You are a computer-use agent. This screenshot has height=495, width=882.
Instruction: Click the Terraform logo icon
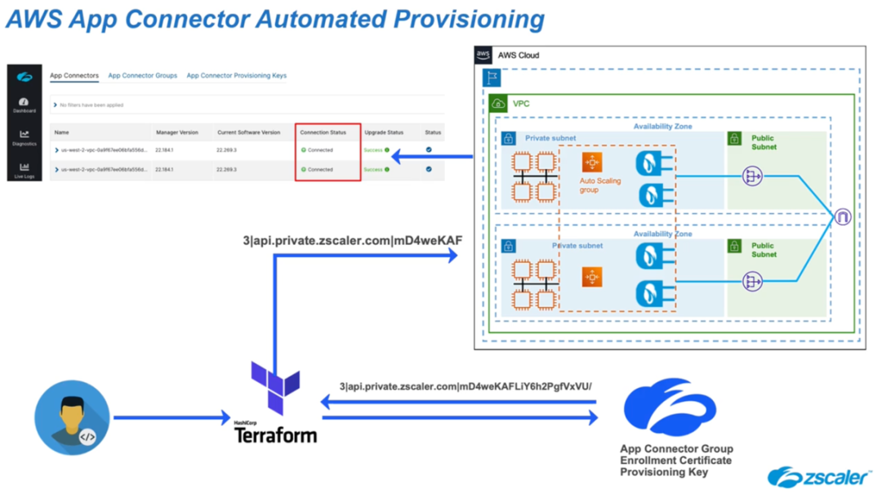click(x=275, y=390)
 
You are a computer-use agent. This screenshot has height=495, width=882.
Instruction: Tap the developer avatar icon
click(x=72, y=417)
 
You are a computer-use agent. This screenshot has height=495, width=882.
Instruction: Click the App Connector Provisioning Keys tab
click(x=236, y=76)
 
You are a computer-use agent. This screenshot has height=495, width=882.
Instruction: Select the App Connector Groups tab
click(x=142, y=76)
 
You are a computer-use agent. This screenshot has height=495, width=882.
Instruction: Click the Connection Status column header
click(x=323, y=132)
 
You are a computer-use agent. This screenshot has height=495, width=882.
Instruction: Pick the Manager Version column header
click(x=177, y=132)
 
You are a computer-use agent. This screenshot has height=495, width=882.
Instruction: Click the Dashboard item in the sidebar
click(x=24, y=105)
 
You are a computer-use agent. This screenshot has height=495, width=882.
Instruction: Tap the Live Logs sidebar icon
click(x=24, y=170)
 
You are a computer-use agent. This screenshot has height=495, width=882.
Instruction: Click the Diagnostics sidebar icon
click(x=24, y=138)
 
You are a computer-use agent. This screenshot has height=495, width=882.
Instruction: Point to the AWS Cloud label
click(x=519, y=56)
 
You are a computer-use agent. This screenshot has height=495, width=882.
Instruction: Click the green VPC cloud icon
click(x=498, y=104)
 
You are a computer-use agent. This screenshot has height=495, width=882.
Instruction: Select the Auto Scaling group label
click(x=599, y=185)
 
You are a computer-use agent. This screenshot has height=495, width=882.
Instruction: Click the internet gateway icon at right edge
click(x=842, y=217)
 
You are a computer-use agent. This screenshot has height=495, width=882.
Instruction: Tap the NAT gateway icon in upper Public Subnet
click(x=752, y=176)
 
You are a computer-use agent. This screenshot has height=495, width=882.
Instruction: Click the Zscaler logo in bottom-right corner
click(x=819, y=477)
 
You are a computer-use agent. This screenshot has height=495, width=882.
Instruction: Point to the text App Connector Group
click(x=676, y=448)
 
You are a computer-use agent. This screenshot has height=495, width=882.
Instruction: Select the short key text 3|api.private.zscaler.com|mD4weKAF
click(x=358, y=241)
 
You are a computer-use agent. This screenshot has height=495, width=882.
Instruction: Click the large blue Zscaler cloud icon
click(x=669, y=407)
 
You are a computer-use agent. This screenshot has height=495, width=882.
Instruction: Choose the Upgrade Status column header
click(x=384, y=132)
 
